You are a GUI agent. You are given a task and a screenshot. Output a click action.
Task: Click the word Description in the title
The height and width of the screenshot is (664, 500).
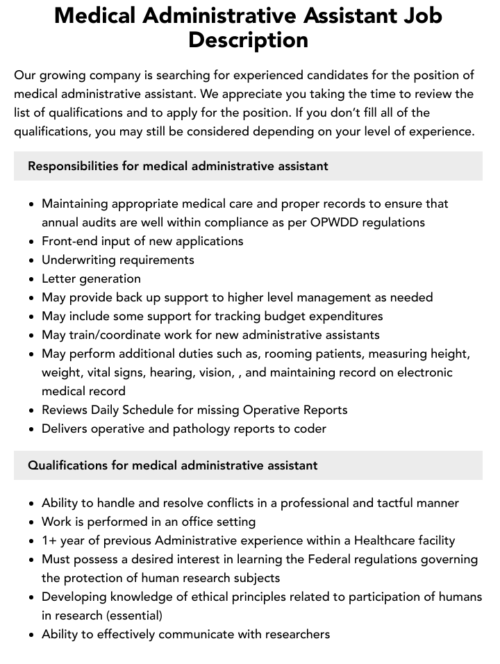pyautogui.click(x=248, y=40)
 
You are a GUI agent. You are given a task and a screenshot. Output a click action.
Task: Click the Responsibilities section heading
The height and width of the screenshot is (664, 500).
pyautogui.click(x=178, y=166)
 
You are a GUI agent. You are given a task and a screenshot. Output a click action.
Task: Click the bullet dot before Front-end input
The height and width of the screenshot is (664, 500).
pyautogui.click(x=31, y=242)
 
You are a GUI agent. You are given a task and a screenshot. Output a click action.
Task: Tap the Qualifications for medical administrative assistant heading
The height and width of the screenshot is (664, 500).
pyautogui.click(x=173, y=465)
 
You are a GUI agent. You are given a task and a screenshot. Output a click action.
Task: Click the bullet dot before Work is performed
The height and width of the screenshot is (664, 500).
pyautogui.click(x=31, y=522)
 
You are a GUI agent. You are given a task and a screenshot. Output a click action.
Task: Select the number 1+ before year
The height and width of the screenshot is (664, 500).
pyautogui.click(x=50, y=540)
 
